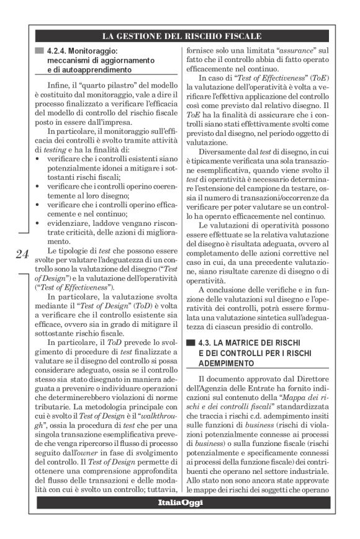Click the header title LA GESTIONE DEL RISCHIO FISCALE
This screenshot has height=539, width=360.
181,35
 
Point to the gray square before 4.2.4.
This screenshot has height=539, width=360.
40,50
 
